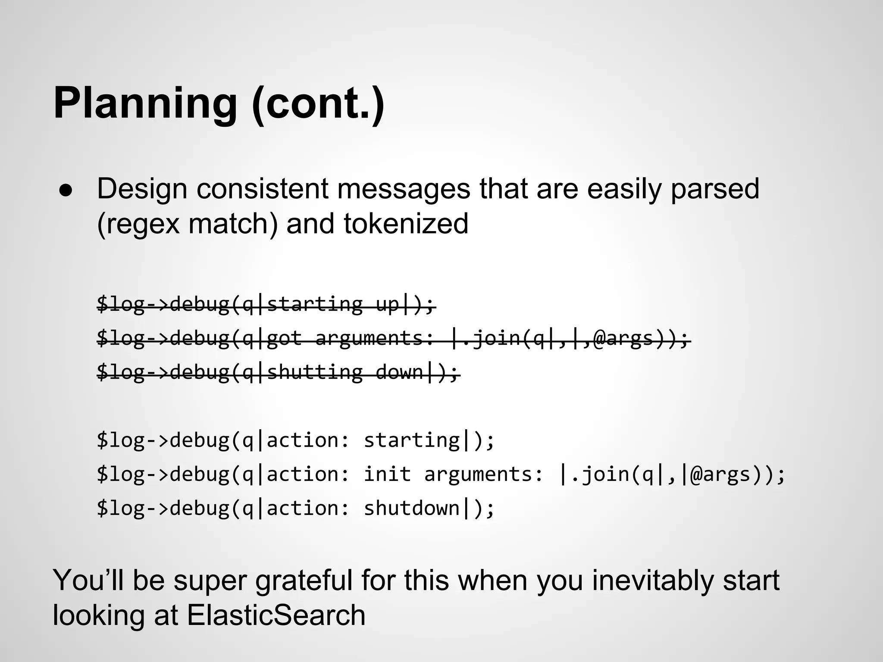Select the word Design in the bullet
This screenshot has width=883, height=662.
point(142,189)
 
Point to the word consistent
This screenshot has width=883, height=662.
point(262,189)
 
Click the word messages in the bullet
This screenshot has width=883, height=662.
point(403,189)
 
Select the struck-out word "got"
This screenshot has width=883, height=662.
point(285,338)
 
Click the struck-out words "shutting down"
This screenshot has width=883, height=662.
point(345,372)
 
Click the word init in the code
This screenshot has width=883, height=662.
point(387,474)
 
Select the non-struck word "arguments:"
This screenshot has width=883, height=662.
point(484,474)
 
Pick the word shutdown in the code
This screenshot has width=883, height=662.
point(412,508)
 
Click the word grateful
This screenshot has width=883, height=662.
point(304,581)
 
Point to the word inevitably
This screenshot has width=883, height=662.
point(653,581)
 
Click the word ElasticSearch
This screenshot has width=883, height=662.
point(276,615)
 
